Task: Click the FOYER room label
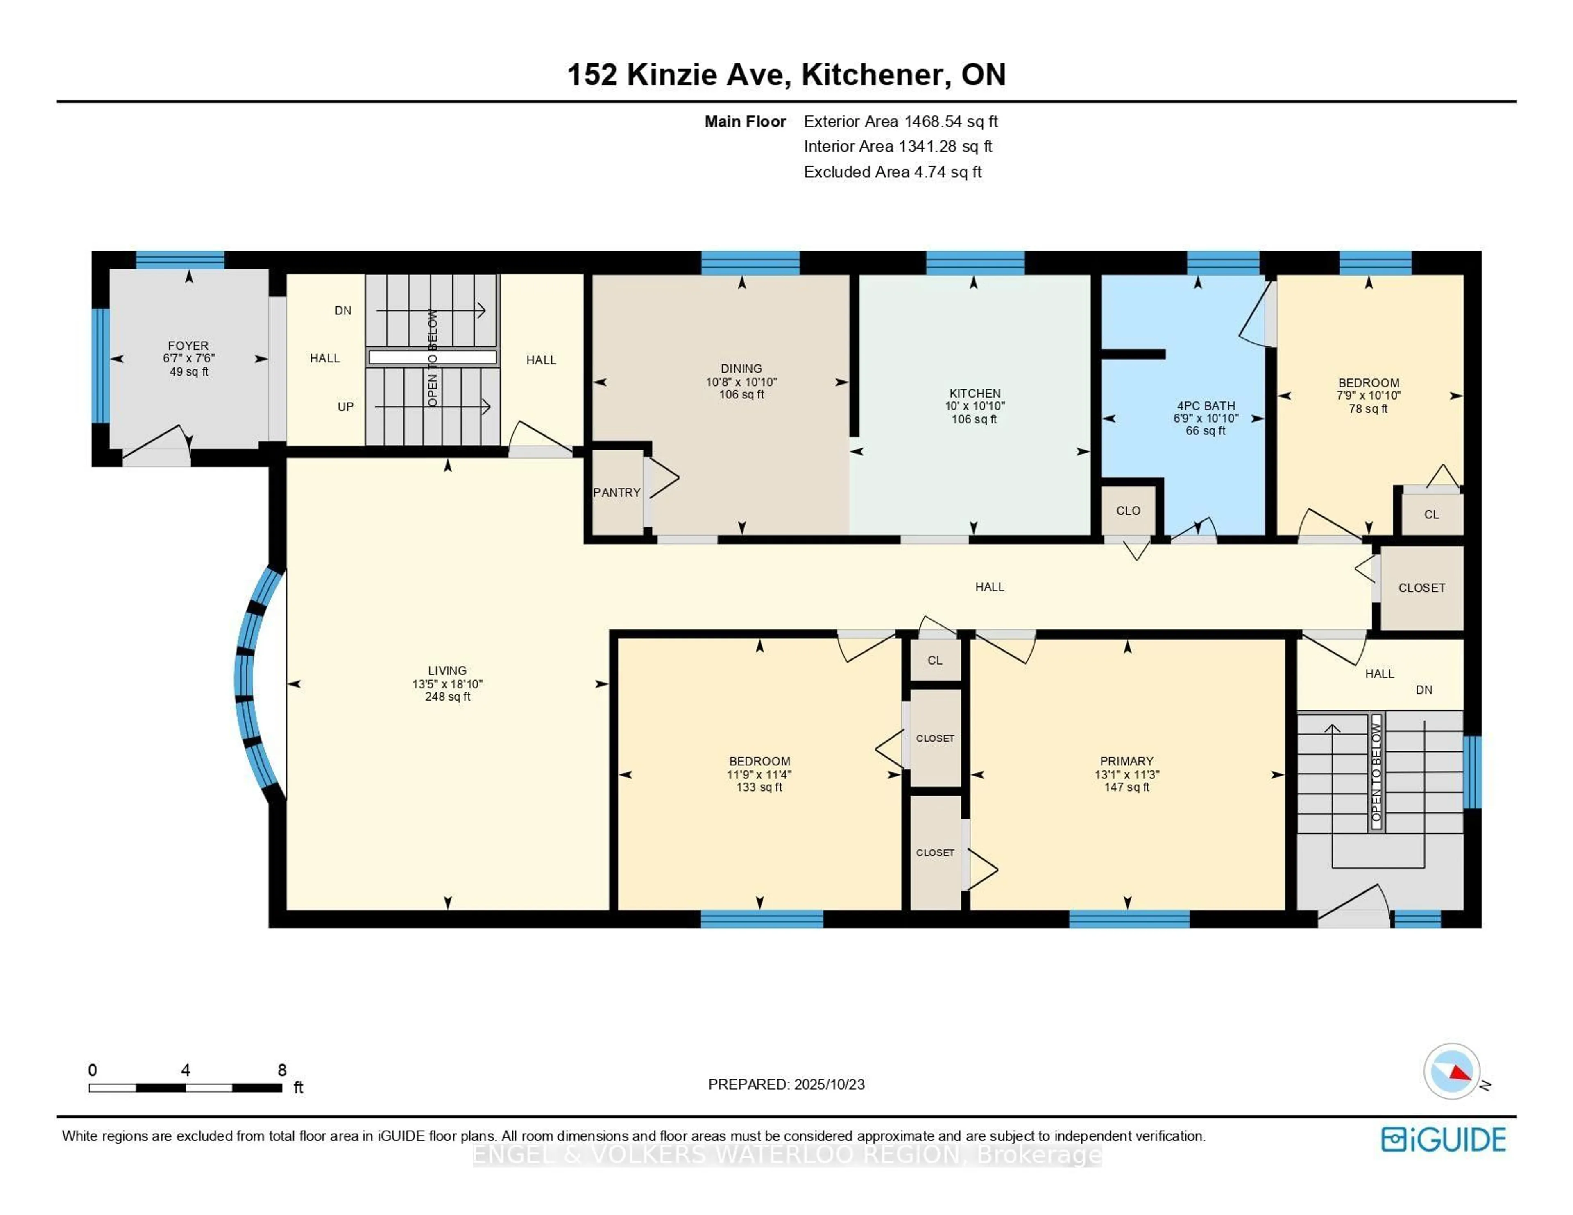[188, 346]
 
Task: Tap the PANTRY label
[617, 493]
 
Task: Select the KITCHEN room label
[975, 393]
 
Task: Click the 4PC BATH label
[1205, 405]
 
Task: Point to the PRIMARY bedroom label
[1126, 761]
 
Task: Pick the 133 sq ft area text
[759, 787]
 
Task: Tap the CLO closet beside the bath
[1128, 511]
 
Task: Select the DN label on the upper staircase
[343, 310]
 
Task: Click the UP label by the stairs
[346, 407]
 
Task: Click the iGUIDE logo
[1444, 1139]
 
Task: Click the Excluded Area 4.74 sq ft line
[892, 172]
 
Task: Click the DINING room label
[741, 368]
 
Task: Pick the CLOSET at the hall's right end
[1421, 588]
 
